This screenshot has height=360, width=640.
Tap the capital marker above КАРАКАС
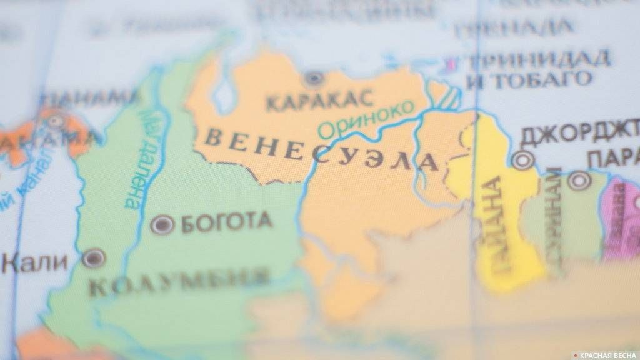pos(313,79)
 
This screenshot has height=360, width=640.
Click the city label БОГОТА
pos(226,222)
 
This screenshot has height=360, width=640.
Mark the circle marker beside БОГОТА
pos(162,224)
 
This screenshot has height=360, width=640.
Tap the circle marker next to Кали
pos(94,257)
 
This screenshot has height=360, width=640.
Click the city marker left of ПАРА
pos(579,180)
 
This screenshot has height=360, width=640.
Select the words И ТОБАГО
pos(529,80)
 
